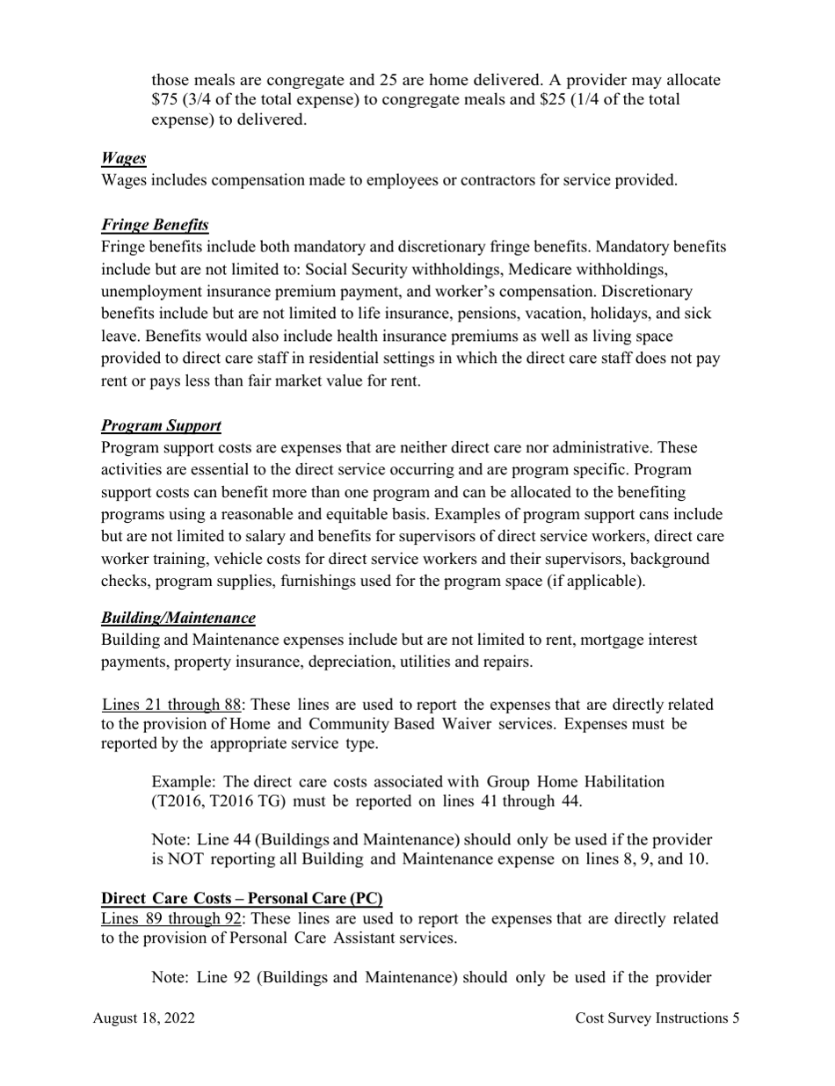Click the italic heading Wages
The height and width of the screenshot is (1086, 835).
pos(123,158)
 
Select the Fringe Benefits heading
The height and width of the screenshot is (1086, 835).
pos(155,225)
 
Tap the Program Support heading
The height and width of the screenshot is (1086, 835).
pos(161,425)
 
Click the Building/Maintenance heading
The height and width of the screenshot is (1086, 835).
pos(178,618)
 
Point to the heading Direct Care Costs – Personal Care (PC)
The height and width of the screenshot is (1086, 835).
pos(242,898)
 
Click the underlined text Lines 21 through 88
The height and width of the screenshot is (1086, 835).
pos(171,705)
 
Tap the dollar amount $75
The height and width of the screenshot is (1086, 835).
pos(165,99)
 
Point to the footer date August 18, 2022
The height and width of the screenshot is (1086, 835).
pos(144,1018)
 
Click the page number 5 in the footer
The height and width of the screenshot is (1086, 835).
pos(735,1018)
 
